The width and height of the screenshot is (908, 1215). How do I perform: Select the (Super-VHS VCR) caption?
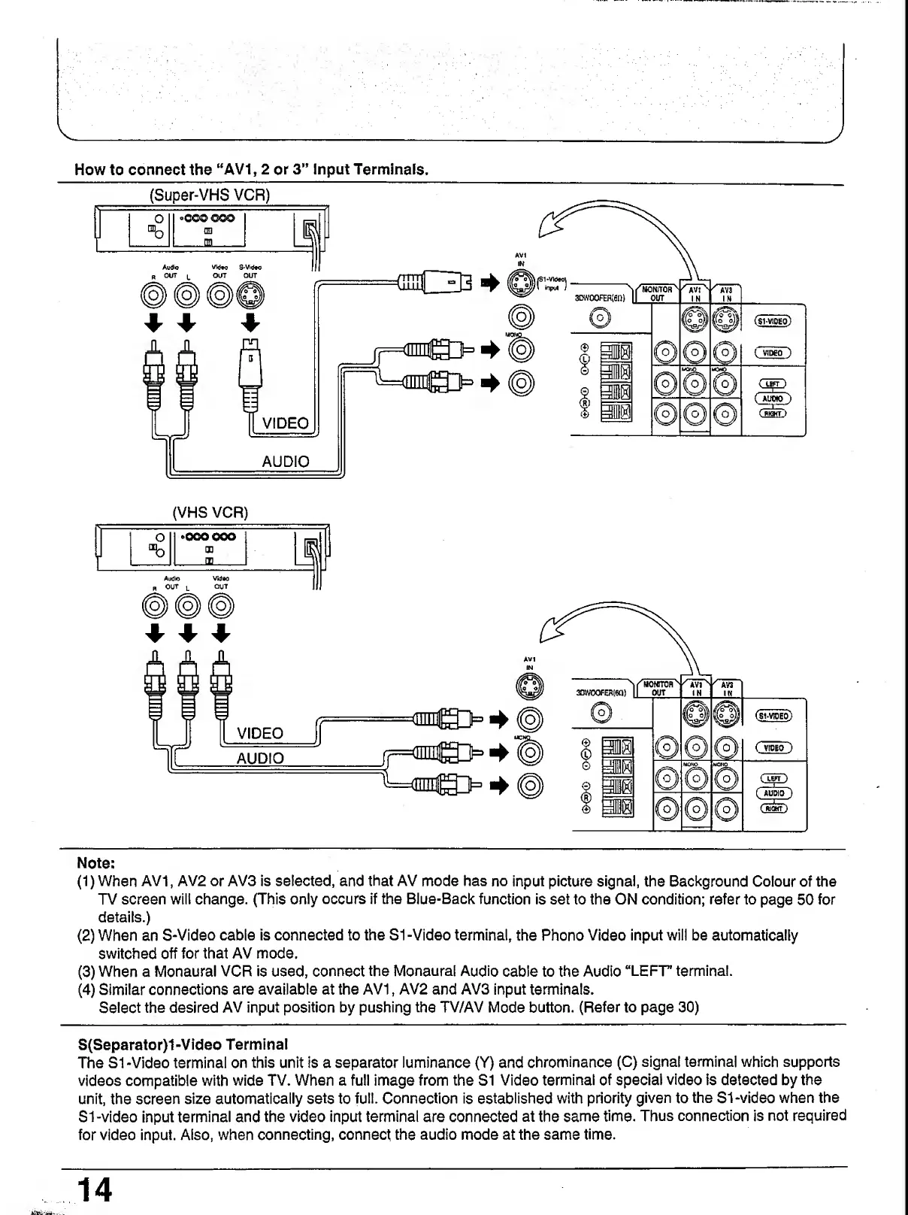coord(210,195)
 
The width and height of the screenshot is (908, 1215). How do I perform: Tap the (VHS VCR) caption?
coord(210,513)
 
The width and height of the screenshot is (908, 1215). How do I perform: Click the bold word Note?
coord(95,862)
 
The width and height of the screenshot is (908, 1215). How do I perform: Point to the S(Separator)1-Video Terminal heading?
coord(183,1044)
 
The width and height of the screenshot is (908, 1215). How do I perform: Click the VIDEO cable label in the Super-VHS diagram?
coord(284,423)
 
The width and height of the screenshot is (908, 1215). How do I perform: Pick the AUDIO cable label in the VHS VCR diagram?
coord(260,758)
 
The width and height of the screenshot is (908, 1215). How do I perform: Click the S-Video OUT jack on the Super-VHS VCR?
coord(250,297)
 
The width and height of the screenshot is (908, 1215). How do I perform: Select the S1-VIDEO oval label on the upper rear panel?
coord(772,322)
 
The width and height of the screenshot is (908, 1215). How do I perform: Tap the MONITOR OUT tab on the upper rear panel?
coord(656,292)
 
